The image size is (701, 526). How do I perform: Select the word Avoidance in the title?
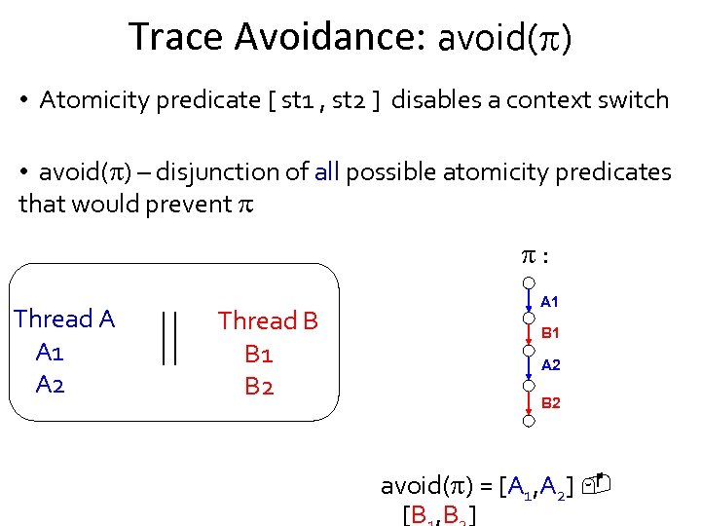[x=322, y=36]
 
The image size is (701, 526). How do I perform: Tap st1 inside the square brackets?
[x=297, y=100]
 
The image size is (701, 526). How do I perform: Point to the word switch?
[x=634, y=100]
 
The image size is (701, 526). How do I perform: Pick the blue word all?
[x=327, y=172]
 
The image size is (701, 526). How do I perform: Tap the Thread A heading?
[x=64, y=319]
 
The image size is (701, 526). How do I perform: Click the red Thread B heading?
[x=268, y=320]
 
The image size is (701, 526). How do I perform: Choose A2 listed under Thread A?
[x=51, y=385]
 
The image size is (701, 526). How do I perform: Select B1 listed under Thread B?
[x=259, y=353]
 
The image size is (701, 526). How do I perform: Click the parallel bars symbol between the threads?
[x=168, y=338]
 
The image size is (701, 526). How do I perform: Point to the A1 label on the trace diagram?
[x=550, y=302]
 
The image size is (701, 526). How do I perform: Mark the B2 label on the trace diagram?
[x=551, y=402]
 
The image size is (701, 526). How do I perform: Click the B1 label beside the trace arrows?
[x=551, y=333]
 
